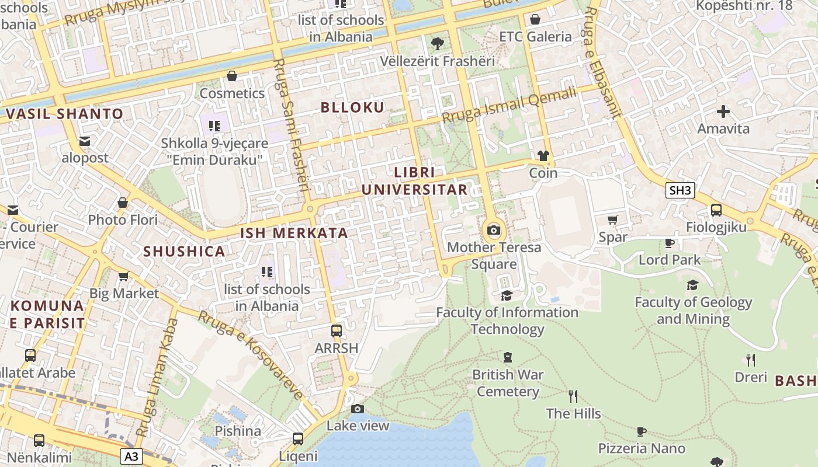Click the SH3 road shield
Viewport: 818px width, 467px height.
pos(680,190)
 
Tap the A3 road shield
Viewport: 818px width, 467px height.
pos(132,456)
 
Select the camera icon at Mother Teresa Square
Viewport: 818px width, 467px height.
pos(494,230)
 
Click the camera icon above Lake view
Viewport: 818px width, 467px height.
pos(358,409)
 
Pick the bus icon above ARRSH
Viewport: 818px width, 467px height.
pos(336,331)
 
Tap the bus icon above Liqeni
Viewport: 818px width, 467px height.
pos(298,438)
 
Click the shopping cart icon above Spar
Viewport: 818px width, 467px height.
pos(612,220)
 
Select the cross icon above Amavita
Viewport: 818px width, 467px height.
pos(723,111)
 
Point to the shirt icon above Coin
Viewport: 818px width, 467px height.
pos(543,156)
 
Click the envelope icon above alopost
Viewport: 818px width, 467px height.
pos(85,141)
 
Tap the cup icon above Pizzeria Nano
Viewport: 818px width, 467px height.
pos(641,431)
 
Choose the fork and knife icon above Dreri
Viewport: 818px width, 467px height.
pos(751,360)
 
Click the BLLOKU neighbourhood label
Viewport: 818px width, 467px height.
pos(352,107)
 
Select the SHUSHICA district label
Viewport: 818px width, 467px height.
pos(184,252)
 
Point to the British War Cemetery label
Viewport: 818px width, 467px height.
pos(508,383)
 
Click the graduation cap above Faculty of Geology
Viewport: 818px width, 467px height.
pos(693,285)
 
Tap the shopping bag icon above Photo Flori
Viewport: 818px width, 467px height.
pos(123,203)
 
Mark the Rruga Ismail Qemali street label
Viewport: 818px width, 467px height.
pos(509,105)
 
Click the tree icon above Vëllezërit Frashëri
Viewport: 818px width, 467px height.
pos(437,43)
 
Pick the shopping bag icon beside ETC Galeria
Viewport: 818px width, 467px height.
pos(535,19)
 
